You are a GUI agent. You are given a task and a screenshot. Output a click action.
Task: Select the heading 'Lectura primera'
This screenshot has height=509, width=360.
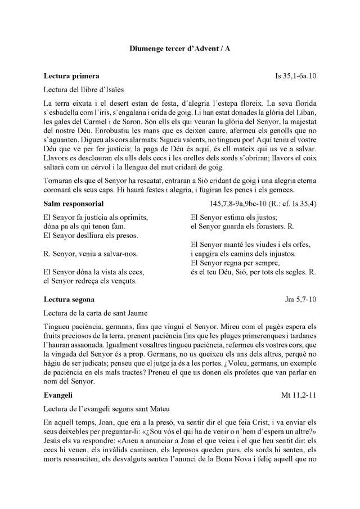tap(72, 75)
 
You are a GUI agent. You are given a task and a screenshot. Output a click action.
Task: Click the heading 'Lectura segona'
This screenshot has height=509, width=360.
tap(69, 299)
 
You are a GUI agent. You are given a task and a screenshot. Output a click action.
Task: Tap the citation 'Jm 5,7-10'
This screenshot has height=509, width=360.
tap(300, 299)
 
